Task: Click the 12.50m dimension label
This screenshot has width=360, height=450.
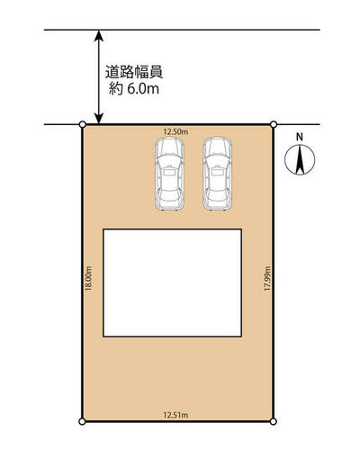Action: tap(175, 131)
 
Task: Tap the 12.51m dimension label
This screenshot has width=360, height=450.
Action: tap(175, 415)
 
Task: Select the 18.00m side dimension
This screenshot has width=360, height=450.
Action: tap(88, 278)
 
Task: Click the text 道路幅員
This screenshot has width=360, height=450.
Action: tap(134, 72)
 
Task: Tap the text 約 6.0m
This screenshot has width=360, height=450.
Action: tap(134, 89)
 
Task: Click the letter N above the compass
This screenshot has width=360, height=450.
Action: tap(300, 137)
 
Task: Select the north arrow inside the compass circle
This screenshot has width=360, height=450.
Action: tap(300, 159)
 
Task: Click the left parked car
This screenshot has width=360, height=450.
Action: tap(169, 174)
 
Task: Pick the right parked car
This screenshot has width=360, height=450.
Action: tap(217, 174)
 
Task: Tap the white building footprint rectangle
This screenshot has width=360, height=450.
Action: tap(173, 283)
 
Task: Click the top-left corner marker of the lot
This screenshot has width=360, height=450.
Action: tap(82, 124)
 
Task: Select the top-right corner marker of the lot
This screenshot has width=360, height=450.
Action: tap(274, 124)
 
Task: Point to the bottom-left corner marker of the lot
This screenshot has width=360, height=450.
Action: tap(82, 421)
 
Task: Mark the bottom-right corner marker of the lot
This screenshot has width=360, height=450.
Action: tap(273, 421)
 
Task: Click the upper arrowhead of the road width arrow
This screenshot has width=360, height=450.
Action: tap(99, 35)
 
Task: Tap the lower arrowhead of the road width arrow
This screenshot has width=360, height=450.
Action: tap(99, 118)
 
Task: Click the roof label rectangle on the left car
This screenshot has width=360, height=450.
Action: tap(169, 173)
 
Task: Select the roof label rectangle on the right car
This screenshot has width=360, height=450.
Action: tap(217, 173)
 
